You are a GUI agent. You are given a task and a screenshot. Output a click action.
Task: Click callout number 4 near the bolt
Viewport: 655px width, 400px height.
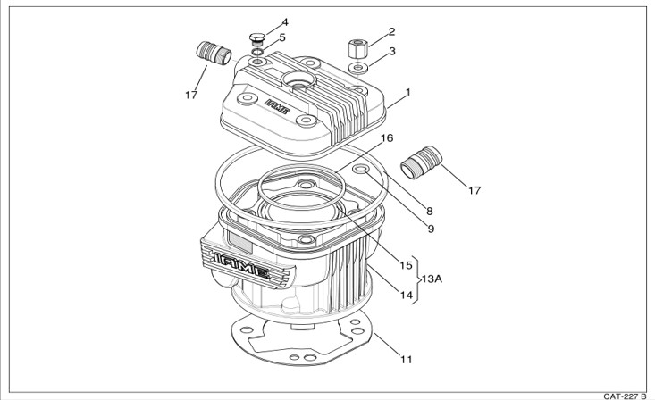coord(285,21)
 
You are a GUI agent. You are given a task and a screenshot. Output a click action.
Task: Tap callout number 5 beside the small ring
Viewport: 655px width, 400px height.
coord(282,37)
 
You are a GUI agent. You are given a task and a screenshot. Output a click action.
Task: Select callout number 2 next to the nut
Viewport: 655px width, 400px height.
coord(391,31)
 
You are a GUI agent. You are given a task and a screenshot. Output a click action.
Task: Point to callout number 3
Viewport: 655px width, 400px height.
coord(391,51)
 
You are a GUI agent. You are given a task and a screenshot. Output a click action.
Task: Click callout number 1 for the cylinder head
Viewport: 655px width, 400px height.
coord(408,92)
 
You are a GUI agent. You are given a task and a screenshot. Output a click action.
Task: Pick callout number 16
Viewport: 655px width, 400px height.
coord(387,137)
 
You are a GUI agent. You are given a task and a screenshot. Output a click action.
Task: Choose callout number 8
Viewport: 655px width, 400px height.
coord(430,211)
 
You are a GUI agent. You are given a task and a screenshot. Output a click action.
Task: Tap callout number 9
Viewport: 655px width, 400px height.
coord(431,229)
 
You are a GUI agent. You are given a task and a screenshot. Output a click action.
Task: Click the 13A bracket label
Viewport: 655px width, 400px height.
coord(432,279)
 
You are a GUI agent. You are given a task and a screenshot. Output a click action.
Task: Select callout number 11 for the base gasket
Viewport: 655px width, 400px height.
coord(407,359)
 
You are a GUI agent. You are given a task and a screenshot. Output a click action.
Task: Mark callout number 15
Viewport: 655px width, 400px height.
coord(406,265)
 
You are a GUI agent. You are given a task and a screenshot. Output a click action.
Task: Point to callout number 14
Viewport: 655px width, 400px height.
coord(406,296)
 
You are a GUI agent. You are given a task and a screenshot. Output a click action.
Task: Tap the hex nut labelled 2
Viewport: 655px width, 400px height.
coord(357,48)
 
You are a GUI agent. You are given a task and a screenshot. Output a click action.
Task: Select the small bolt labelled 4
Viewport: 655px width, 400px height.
coord(256,38)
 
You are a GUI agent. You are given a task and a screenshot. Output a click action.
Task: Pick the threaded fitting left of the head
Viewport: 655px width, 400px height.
coord(214,53)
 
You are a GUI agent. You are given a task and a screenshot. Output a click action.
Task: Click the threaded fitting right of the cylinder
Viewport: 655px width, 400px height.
coord(421,162)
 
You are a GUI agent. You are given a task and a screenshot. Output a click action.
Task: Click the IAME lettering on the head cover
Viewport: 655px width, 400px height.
coord(277,106)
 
